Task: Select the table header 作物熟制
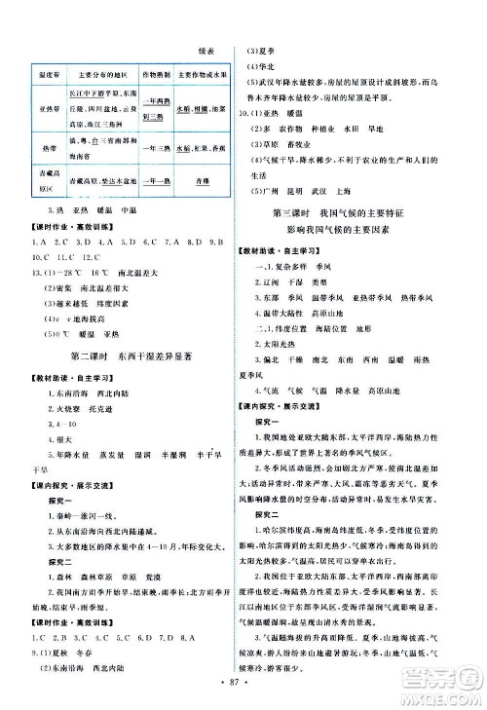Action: click(157, 72)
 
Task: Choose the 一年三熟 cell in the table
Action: click(157, 148)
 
